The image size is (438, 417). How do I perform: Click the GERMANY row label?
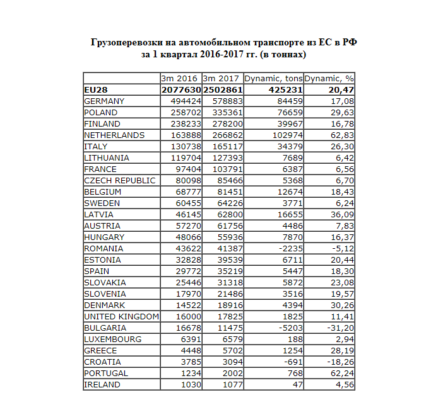click(104, 101)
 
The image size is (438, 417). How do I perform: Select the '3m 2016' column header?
click(180, 78)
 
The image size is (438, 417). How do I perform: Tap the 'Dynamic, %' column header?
click(329, 78)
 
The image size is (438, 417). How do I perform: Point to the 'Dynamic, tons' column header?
click(273, 78)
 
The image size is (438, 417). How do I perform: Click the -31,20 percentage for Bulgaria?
click(340, 328)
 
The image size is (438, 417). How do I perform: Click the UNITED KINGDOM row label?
click(121, 316)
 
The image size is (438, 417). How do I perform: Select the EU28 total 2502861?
click(222, 89)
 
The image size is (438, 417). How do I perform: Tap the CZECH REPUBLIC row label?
click(119, 180)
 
